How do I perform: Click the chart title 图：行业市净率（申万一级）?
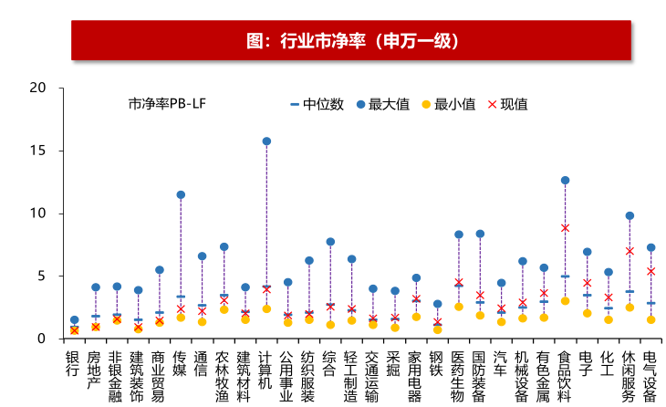click(x=352, y=41)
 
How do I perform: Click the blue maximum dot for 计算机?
click(x=266, y=141)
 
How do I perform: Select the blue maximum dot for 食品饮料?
click(x=565, y=181)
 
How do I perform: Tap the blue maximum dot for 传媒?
click(x=181, y=195)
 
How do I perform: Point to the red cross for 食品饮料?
click(x=565, y=228)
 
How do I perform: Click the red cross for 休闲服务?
click(x=630, y=251)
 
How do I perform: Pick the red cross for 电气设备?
click(x=650, y=271)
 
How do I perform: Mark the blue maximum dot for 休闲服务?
click(x=630, y=216)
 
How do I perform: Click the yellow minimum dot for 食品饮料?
click(x=565, y=301)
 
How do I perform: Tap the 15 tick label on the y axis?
click(x=37, y=151)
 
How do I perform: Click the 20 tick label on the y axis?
click(x=37, y=88)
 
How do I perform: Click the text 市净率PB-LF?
click(x=167, y=105)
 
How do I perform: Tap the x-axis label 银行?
click(x=73, y=364)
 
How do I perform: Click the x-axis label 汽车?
click(x=501, y=364)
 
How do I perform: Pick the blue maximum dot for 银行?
click(x=74, y=320)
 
